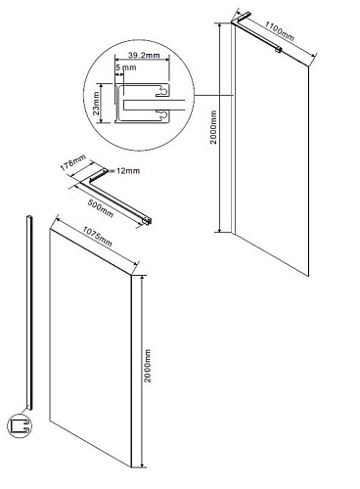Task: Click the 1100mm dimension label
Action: pyautogui.click(x=279, y=31)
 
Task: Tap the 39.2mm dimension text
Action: pyautogui.click(x=144, y=55)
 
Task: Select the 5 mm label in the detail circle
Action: pyautogui.click(x=126, y=67)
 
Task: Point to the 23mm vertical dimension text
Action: pyautogui.click(x=96, y=104)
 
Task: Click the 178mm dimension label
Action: pyautogui.click(x=72, y=162)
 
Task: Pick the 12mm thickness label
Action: pyautogui.click(x=128, y=170)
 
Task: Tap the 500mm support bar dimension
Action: pyautogui.click(x=101, y=208)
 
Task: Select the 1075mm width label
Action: pyautogui.click(x=97, y=237)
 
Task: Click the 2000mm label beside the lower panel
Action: pyautogui.click(x=148, y=366)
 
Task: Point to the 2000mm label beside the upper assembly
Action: pyautogui.click(x=213, y=127)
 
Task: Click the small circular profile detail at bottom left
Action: pyautogui.click(x=20, y=425)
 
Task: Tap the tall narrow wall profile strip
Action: pyautogui.click(x=29, y=312)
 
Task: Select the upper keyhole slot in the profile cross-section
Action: pyautogui.click(x=162, y=92)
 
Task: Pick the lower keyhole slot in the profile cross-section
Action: pyautogui.click(x=162, y=114)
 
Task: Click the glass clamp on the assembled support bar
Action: pyautogui.click(x=278, y=50)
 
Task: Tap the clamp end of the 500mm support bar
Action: pyautogui.click(x=148, y=221)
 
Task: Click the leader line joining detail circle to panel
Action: pyautogui.click(x=213, y=95)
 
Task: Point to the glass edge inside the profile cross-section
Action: pyautogui.click(x=155, y=105)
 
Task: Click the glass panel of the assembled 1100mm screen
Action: pyautogui.click(x=272, y=151)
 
